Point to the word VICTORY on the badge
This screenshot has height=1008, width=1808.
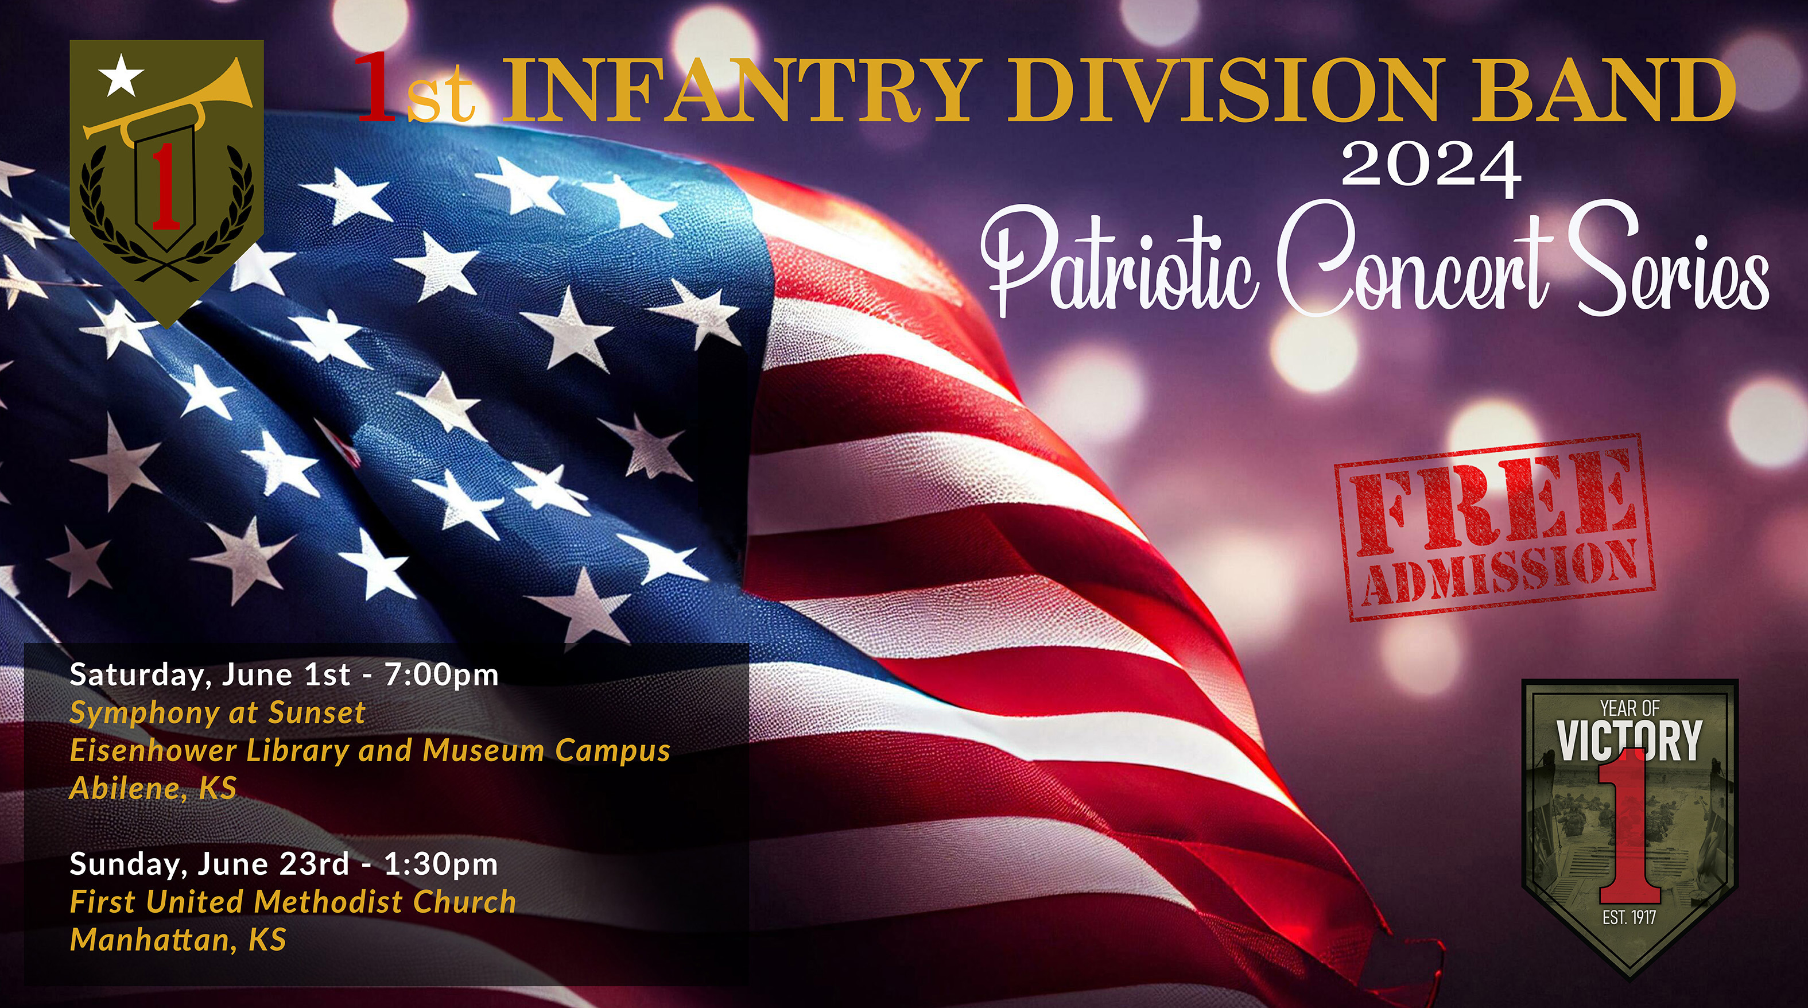click(1629, 740)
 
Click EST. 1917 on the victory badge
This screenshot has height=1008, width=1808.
click(1629, 917)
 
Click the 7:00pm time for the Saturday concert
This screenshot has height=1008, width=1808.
click(441, 675)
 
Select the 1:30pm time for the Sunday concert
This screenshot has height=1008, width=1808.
click(441, 864)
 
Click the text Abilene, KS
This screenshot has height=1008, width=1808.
click(153, 788)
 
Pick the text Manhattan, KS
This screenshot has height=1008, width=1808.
click(179, 940)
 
